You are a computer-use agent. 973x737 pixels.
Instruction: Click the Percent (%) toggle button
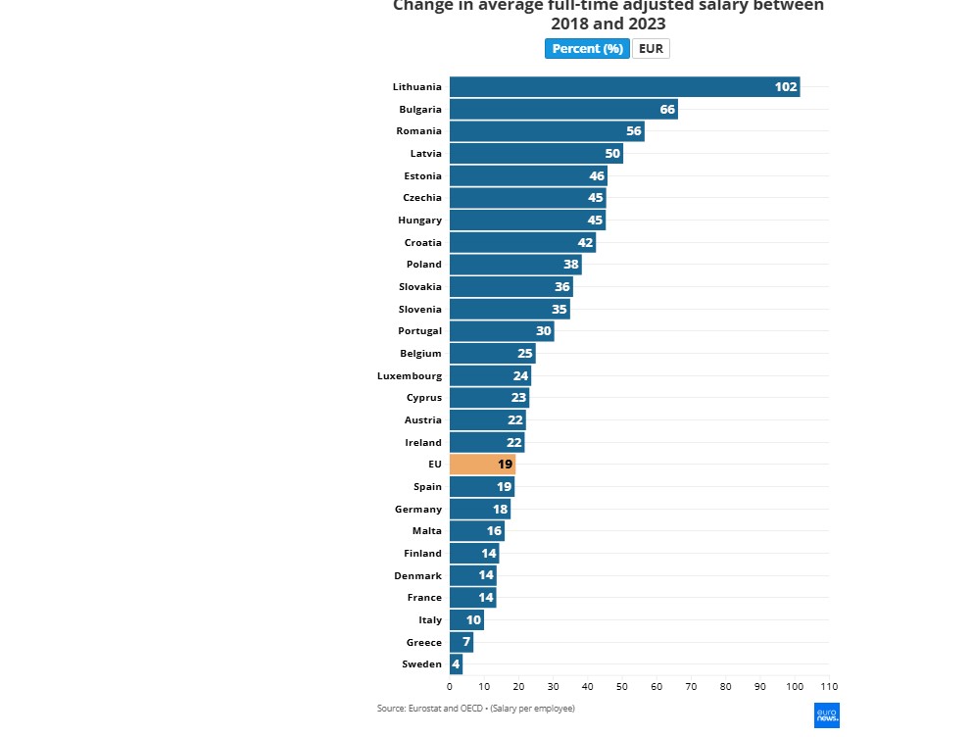[587, 49]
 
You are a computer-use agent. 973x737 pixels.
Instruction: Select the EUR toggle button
[651, 49]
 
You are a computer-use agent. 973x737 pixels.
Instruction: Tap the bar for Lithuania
[624, 86]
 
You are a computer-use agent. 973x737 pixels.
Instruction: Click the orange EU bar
[482, 465]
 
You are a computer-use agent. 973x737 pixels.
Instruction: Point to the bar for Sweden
[456, 664]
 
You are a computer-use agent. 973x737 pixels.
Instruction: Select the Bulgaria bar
[563, 109]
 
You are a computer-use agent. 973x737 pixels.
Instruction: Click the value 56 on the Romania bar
[634, 131]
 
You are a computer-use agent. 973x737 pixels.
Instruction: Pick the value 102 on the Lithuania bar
[786, 86]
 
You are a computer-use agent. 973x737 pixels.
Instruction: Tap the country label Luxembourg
[410, 375]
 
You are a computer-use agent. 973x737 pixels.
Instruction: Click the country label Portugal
[419, 331]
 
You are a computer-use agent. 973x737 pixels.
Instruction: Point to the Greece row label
[424, 643]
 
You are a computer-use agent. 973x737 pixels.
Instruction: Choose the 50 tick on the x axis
[622, 686]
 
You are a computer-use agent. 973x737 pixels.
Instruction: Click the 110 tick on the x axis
[829, 686]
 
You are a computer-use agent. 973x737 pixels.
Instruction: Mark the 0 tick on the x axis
[450, 686]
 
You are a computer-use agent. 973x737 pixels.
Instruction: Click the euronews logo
[826, 715]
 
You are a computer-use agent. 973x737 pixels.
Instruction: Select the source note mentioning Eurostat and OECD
[475, 708]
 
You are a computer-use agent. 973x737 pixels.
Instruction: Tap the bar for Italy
[466, 620]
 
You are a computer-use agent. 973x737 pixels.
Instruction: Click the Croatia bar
[522, 242]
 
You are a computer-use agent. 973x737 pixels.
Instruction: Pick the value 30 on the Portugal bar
[543, 331]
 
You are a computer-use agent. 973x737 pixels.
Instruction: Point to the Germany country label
[418, 510]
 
